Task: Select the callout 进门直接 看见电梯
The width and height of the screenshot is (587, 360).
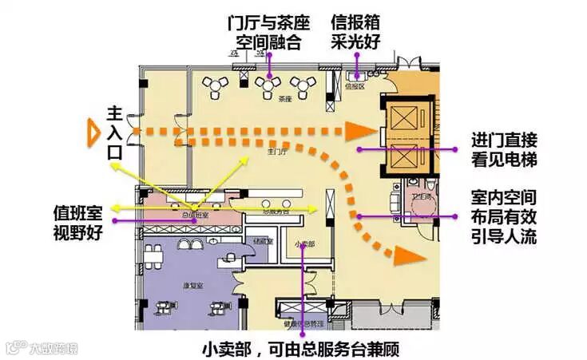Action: [x=503, y=149]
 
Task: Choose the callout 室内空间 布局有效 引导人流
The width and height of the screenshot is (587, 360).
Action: [x=503, y=216]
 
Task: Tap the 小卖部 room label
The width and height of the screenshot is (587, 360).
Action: [x=304, y=243]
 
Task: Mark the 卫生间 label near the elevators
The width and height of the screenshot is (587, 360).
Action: [x=421, y=196]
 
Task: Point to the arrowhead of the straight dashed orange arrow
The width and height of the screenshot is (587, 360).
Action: [x=357, y=129]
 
